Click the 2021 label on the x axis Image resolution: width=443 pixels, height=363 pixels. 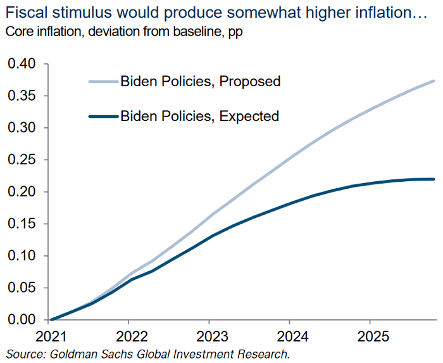(51, 334)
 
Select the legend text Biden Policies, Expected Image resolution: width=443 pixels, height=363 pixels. (199, 116)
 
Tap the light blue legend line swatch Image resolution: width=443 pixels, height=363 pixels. (103, 81)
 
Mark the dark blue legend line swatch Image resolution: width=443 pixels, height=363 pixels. (103, 116)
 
